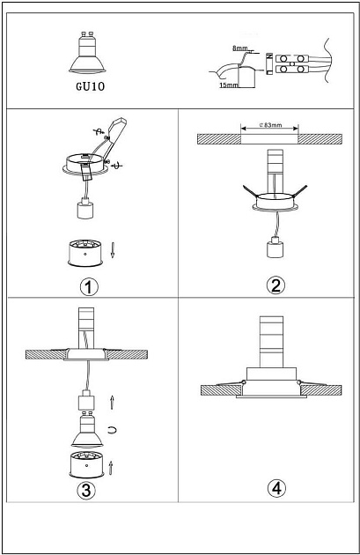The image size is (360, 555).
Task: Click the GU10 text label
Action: (91, 86)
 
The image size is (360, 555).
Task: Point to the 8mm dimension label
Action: (239, 48)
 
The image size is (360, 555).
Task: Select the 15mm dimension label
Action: (229, 85)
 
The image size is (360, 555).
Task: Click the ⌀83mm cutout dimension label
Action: (270, 124)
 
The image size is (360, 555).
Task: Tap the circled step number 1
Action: (89, 286)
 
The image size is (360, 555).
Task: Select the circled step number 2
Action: (276, 285)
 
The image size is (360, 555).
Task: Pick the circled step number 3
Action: (86, 490)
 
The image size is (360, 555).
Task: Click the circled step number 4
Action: (276, 488)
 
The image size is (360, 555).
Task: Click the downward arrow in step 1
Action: (113, 250)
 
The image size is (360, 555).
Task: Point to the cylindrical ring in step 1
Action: (85, 253)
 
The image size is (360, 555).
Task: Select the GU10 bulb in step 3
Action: (87, 430)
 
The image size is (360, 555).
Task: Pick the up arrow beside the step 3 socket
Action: (112, 402)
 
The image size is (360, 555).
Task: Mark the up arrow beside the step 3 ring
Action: (111, 468)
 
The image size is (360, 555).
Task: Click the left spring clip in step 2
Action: (251, 190)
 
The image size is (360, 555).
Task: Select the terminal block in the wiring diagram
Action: (291, 63)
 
